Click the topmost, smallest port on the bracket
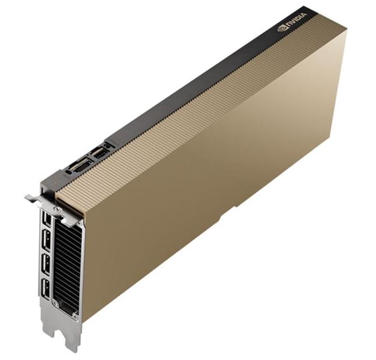tap(46, 219)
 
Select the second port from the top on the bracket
tap(46, 240)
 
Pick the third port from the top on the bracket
tap(46, 264)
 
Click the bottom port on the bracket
tap(46, 289)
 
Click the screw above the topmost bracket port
tap(57, 209)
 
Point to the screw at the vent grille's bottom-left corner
tap(56, 304)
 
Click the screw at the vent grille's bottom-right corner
tap(76, 317)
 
